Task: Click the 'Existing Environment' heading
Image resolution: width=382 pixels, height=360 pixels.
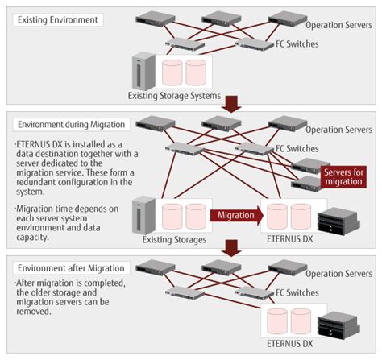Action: click(x=57, y=18)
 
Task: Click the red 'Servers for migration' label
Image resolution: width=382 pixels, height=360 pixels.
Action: click(x=344, y=176)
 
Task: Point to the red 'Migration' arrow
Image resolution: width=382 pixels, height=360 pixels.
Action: click(x=237, y=215)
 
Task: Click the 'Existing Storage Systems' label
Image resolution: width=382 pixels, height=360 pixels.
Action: click(x=172, y=96)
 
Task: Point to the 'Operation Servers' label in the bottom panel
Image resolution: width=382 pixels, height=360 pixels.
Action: click(x=343, y=274)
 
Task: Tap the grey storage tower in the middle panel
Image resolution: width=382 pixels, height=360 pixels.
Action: click(x=143, y=213)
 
